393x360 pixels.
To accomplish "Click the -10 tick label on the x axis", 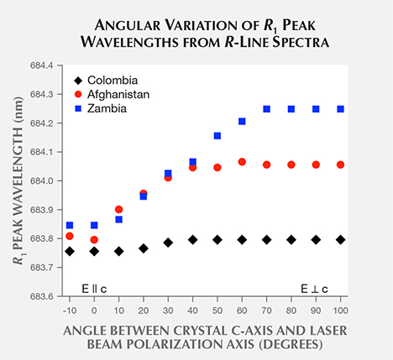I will pyautogui.click(x=69, y=310).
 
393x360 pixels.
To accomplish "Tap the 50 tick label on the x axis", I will pyautogui.click(x=217, y=310).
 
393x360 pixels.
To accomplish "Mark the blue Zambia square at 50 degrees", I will pyautogui.click(x=217, y=135).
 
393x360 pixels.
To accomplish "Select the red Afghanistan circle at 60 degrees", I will pyautogui.click(x=242, y=161).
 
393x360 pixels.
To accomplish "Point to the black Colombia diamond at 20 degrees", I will pyautogui.click(x=144, y=248).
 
